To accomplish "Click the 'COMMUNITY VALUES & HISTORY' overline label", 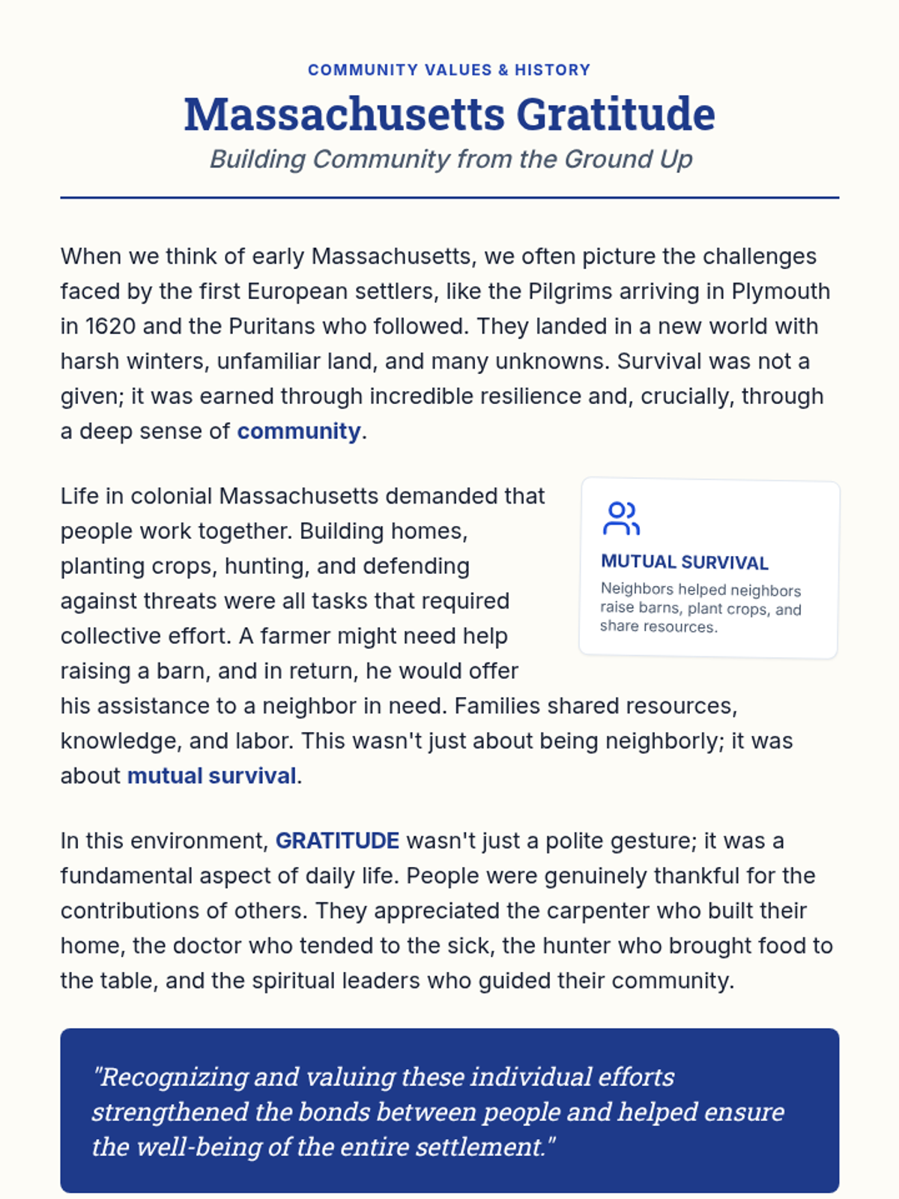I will (x=449, y=70).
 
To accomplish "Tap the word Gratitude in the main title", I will (x=615, y=115).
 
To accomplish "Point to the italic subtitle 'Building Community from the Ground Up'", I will (x=450, y=159).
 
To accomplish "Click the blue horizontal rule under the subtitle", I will (x=449, y=198).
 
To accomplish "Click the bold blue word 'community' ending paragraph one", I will (x=299, y=432).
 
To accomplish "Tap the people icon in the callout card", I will (x=621, y=519).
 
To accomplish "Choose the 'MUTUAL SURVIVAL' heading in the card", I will (x=684, y=562).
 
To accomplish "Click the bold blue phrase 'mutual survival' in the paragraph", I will (x=211, y=776).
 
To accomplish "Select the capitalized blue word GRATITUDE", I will (x=337, y=841).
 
